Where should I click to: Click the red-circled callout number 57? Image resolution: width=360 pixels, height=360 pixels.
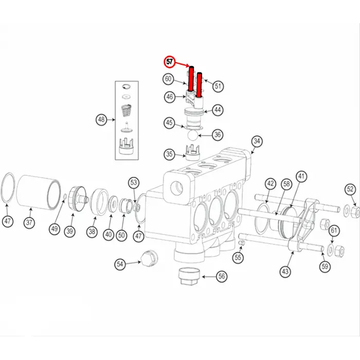(169, 62)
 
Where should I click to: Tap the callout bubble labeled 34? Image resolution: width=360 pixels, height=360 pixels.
(257, 141)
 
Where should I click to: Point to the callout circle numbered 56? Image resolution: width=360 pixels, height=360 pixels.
(222, 277)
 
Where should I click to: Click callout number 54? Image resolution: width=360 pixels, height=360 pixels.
(120, 264)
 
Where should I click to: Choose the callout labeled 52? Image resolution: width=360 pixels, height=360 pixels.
(350, 189)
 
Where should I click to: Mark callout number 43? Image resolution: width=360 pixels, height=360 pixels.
(285, 271)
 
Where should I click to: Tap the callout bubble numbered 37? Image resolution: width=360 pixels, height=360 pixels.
(29, 223)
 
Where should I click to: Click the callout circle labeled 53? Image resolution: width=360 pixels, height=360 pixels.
(134, 183)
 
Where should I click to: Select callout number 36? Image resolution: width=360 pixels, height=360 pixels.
(218, 135)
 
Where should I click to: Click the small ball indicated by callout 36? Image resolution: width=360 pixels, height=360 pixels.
(191, 135)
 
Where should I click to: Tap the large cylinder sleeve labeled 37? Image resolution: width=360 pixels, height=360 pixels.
(39, 190)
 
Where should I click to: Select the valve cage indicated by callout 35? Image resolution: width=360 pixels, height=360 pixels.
(191, 153)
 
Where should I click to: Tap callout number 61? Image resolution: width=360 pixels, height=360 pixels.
(334, 230)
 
